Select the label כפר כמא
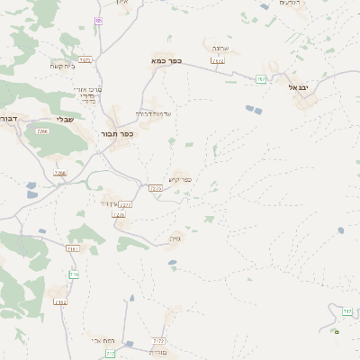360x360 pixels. [x=166, y=61]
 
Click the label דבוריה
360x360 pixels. [x=8, y=118]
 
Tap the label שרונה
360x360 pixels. [x=220, y=48]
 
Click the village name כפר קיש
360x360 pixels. [x=180, y=179]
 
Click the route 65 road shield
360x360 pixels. [x=98, y=20]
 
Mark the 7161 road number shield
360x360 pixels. [x=73, y=249]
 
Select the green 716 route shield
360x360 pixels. [x=74, y=274]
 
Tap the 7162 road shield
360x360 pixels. [x=60, y=302]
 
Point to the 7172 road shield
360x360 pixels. [x=159, y=342]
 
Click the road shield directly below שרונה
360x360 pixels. [x=217, y=61]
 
